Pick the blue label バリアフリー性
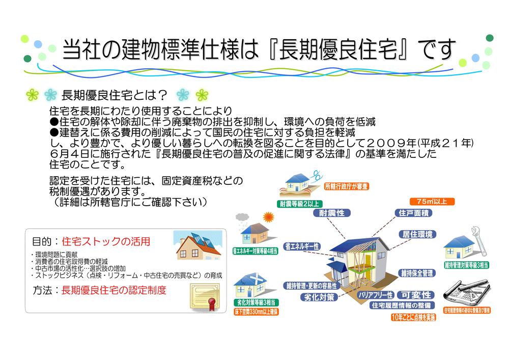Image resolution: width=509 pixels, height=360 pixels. coord(375,295)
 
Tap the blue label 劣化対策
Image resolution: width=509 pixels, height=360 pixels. coord(320,297)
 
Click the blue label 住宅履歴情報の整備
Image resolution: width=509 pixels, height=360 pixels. coord(402,306)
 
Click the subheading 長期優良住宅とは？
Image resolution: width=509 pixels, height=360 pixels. coord(115,95)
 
